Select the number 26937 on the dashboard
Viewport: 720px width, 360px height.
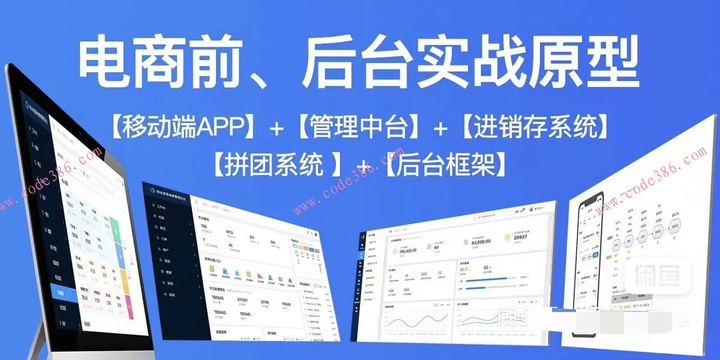pos(526,238)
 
